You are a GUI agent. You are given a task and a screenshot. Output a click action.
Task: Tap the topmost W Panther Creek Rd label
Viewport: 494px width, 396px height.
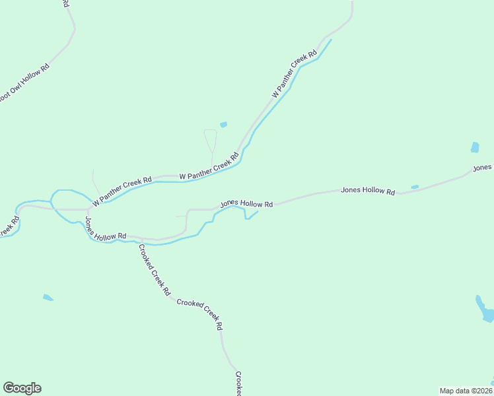click(x=291, y=77)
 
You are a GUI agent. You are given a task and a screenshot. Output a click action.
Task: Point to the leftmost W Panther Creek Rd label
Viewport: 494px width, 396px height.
click(x=122, y=189)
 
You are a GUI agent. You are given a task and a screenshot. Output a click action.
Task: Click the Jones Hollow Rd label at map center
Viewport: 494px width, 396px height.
click(x=246, y=204)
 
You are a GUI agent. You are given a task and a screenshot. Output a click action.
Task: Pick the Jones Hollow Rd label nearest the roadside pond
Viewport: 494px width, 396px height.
click(x=368, y=191)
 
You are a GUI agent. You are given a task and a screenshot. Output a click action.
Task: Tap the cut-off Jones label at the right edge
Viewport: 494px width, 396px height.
click(x=483, y=169)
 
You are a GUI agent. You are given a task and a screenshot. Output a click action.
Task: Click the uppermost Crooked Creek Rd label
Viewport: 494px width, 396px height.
click(x=155, y=269)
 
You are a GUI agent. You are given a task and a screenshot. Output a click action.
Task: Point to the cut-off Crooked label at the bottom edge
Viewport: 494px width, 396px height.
click(x=238, y=383)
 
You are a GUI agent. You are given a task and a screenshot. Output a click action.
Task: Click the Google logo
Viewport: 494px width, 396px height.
click(x=22, y=388)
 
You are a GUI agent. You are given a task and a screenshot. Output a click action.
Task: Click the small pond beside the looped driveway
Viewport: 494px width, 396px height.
click(x=223, y=125)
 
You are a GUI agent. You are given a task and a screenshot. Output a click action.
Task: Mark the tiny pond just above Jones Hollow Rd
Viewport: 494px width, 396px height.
click(x=415, y=187)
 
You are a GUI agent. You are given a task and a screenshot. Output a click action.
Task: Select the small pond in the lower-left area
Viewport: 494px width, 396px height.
click(x=48, y=298)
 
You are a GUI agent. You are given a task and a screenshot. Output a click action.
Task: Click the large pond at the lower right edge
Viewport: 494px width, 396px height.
click(x=484, y=310)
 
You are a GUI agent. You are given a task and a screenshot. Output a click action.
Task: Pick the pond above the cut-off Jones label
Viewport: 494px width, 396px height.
click(x=475, y=147)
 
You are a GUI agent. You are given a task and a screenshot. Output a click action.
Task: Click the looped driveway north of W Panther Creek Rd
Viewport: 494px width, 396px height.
click(x=211, y=141)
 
